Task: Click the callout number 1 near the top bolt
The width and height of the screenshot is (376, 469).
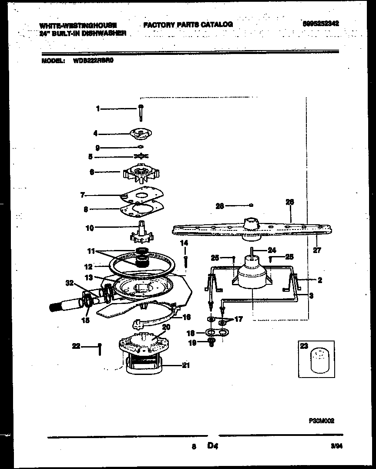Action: pos(98,109)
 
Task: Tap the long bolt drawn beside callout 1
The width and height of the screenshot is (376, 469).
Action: pos(141,113)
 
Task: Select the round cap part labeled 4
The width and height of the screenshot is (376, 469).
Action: pos(140,133)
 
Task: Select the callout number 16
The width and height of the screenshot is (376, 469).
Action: pos(186,317)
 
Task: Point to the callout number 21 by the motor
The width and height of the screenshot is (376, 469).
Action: pos(186,365)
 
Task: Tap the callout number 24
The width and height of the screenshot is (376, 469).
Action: pos(272,250)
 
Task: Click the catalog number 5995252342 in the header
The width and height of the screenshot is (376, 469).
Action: pos(320,24)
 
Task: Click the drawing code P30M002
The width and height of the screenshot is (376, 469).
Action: pos(321,421)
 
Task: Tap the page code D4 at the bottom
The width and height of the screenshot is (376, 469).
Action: pos(213,445)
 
